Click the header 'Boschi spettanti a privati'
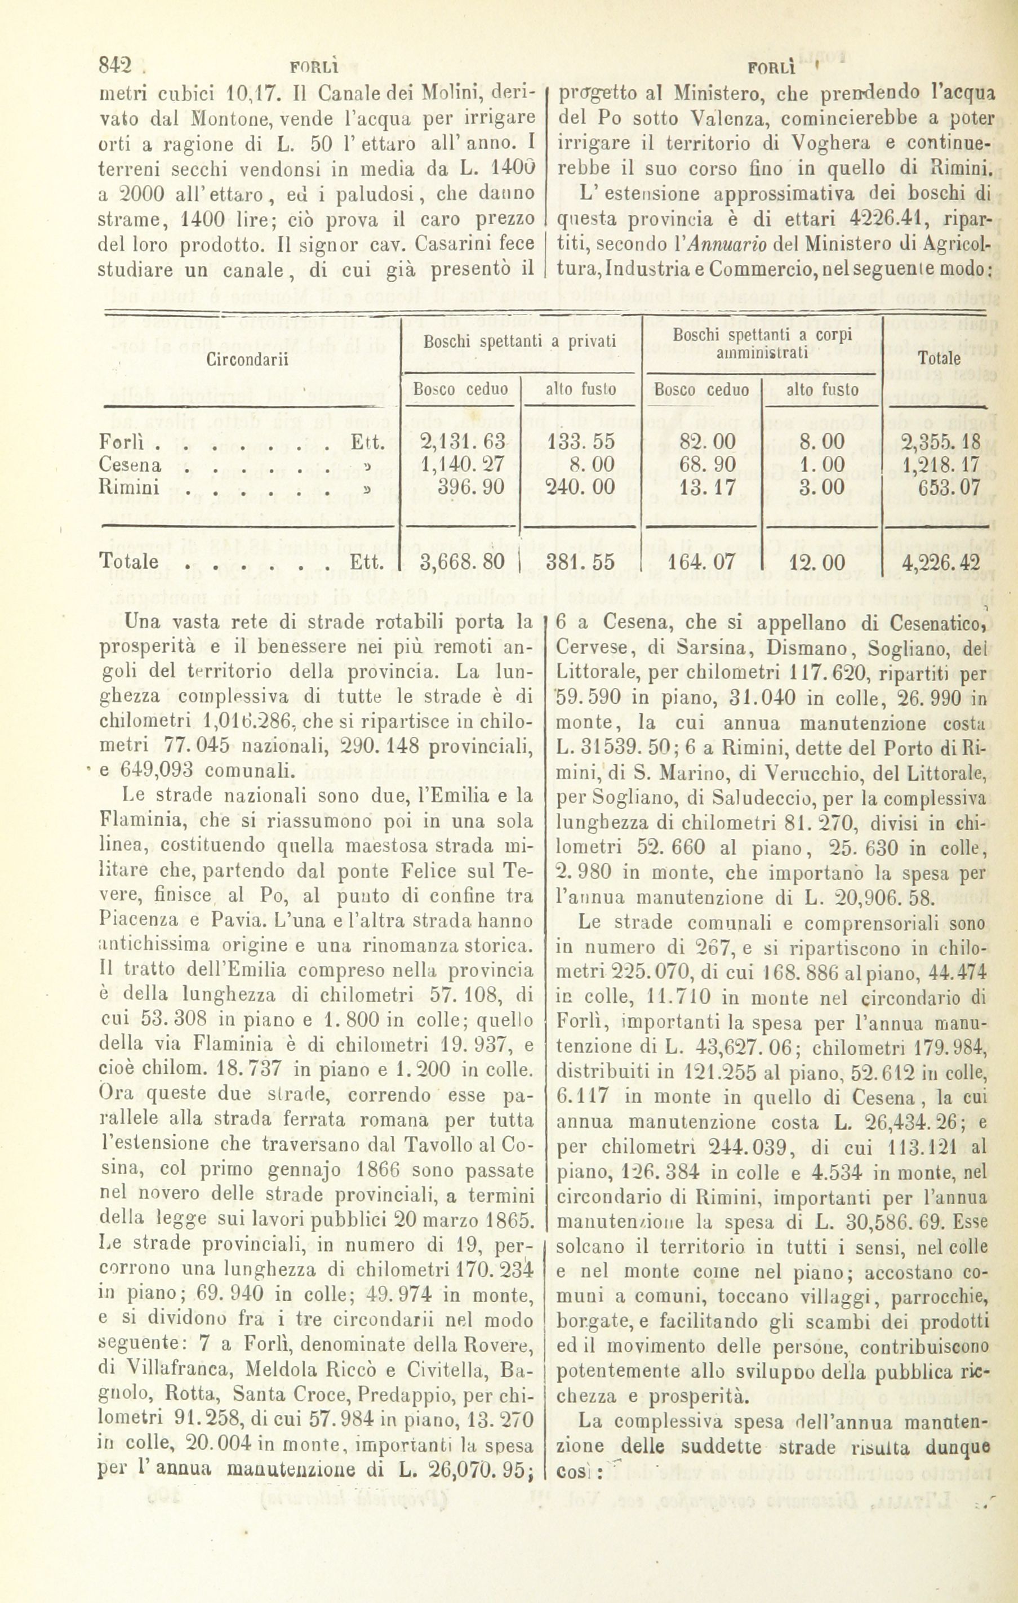[521, 342]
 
